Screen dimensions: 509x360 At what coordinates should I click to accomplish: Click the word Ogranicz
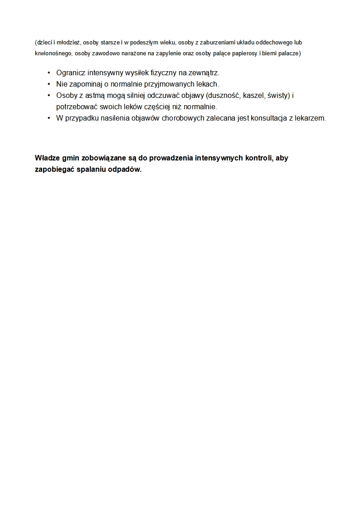click(71, 73)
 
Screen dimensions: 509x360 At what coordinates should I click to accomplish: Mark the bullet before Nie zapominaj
click(49, 84)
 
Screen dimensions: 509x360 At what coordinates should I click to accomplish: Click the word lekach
click(207, 84)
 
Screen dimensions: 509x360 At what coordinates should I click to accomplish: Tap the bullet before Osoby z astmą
click(49, 95)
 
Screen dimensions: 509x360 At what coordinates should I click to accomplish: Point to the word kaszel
click(254, 95)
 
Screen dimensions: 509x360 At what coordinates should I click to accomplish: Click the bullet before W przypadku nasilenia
click(49, 118)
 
